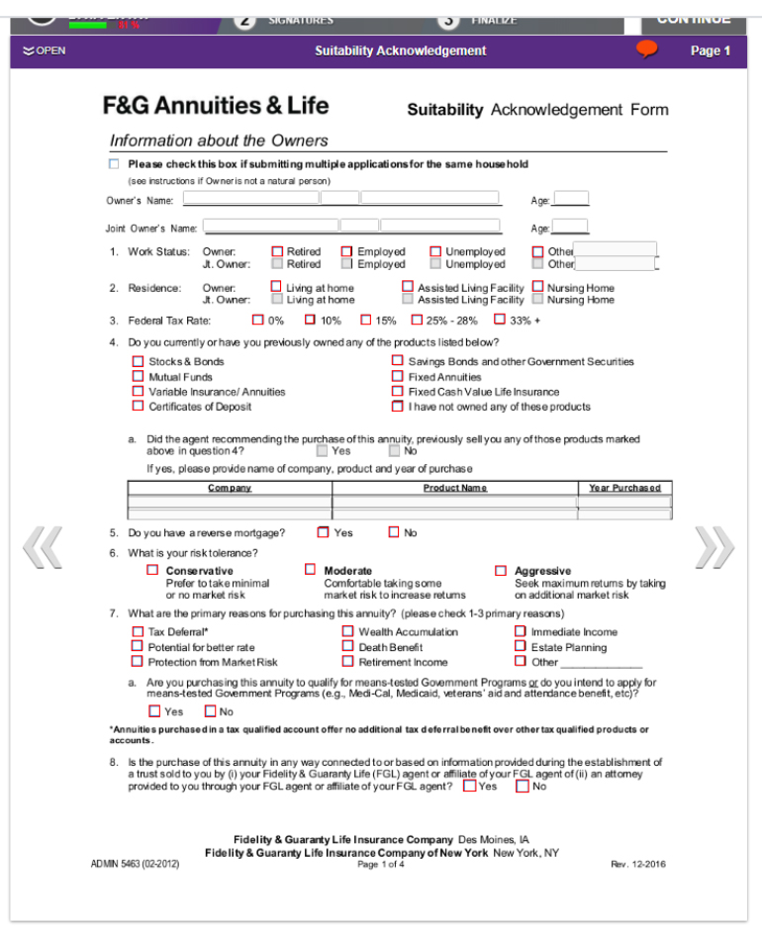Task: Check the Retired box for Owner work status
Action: [277, 252]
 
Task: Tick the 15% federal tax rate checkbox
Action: [366, 320]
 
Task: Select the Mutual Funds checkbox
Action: [139, 377]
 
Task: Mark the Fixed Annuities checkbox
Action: [398, 377]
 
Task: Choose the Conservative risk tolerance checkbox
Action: [152, 570]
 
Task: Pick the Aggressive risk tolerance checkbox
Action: [501, 570]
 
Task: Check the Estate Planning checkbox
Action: [521, 647]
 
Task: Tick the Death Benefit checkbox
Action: [348, 647]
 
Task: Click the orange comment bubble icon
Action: [647, 49]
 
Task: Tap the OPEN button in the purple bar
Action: [45, 50]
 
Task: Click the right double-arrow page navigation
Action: [714, 547]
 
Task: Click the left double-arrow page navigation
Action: [44, 547]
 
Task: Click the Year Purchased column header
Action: [623, 488]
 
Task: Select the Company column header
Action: [230, 488]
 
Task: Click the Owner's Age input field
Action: [571, 199]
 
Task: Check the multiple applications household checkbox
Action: [114, 164]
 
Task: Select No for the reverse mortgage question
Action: [394, 532]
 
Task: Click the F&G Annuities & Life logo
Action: [216, 106]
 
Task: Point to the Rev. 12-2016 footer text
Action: [638, 864]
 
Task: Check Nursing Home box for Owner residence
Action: [538, 288]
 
